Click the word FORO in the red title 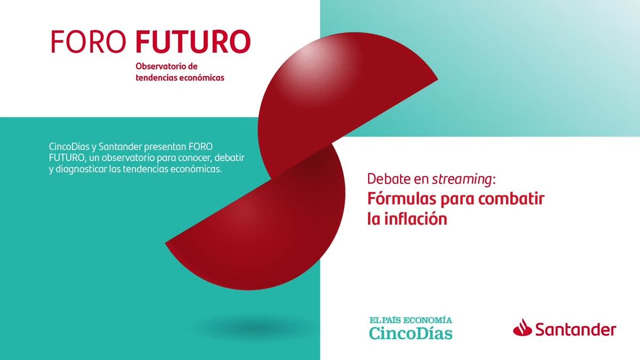pos(89,42)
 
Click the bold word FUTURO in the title pos(194,42)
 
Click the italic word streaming pos(462,180)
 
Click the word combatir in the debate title pos(511,198)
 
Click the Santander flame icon pos(523,327)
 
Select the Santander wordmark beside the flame pos(575,330)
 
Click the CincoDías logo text pos(411,333)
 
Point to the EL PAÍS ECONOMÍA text pos(411,320)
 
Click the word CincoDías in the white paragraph pos(69,147)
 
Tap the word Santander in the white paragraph pos(120,147)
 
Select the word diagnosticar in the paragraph pos(81,170)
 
